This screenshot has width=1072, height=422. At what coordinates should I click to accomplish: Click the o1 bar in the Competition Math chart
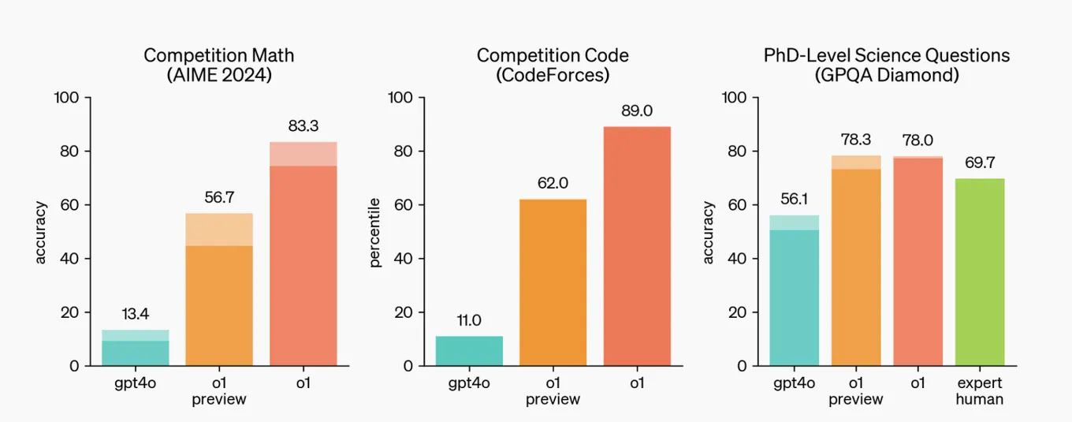[303, 254]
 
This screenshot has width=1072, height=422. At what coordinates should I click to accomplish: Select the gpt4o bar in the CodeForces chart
[469, 351]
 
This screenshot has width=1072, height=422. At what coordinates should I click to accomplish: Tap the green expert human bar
[980, 272]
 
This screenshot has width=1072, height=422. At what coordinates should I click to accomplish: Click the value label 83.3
[303, 126]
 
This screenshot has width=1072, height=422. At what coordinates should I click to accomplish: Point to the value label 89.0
[637, 111]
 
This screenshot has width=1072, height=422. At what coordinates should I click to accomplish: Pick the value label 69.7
[980, 162]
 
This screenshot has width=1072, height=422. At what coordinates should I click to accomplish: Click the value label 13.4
[136, 314]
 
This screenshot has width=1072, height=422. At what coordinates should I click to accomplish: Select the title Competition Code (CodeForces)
[553, 65]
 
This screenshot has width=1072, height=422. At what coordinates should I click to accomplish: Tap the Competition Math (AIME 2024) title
[219, 65]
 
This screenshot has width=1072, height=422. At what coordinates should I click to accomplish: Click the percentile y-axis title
[374, 233]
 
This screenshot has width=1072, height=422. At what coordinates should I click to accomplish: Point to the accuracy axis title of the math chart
[41, 233]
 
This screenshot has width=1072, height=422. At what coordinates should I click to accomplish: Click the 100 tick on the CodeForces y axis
[400, 98]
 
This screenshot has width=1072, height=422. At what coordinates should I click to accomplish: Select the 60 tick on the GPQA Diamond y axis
[738, 205]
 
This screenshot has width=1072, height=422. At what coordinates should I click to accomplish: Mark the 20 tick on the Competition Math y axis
[70, 312]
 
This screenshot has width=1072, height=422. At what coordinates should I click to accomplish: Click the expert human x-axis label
[980, 391]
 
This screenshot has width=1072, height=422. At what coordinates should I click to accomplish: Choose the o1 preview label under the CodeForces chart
[553, 391]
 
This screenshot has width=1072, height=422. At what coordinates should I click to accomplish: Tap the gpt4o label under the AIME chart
[136, 383]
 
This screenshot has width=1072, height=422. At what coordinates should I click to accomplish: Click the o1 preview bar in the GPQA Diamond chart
[856, 260]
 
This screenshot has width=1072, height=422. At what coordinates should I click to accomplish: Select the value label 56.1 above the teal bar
[794, 200]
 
